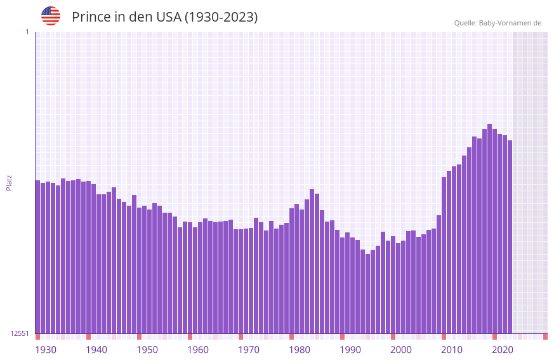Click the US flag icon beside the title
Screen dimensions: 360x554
[x=51, y=16]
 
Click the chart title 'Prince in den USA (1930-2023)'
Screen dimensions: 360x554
[x=164, y=17]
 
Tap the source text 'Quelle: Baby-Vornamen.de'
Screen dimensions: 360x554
[x=498, y=23]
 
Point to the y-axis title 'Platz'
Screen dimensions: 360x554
[x=9, y=182]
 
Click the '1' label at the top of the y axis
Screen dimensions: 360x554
[x=27, y=32]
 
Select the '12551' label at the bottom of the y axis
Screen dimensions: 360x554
[x=20, y=333]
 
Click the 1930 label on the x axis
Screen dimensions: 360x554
[x=46, y=350]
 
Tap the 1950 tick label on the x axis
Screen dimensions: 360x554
[x=147, y=350]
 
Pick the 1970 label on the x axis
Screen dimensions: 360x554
[x=249, y=350]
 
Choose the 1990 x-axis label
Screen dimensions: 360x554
[x=350, y=350]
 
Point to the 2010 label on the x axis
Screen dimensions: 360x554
[x=452, y=350]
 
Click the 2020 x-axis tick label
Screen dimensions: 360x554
[x=503, y=350]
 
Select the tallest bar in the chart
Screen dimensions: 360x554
[x=489, y=229]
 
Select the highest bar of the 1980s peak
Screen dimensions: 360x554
[x=312, y=261]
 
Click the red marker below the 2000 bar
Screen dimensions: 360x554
[x=393, y=337]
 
